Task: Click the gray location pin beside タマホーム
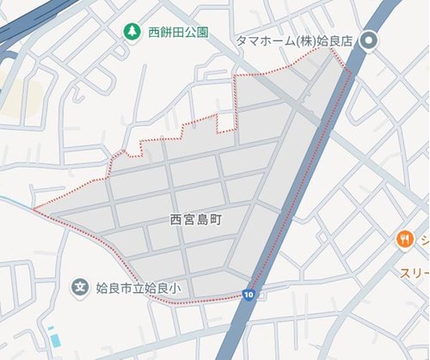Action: (371, 40)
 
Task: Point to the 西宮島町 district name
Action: (197, 220)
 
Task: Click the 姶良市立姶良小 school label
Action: (136, 287)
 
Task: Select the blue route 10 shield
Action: (249, 295)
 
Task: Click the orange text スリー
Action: (414, 272)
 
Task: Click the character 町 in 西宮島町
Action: (217, 220)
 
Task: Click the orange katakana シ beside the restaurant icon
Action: (423, 240)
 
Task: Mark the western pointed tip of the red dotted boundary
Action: (34, 209)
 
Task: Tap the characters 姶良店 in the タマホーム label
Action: (337, 40)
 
